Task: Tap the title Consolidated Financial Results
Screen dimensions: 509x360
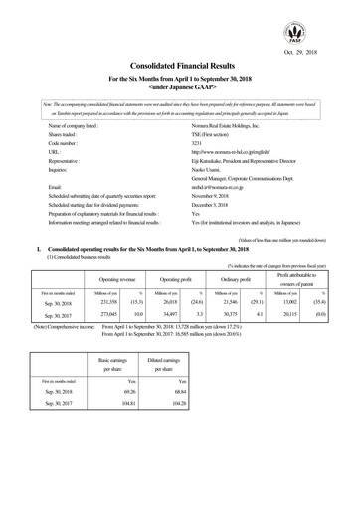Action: click(x=180, y=63)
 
